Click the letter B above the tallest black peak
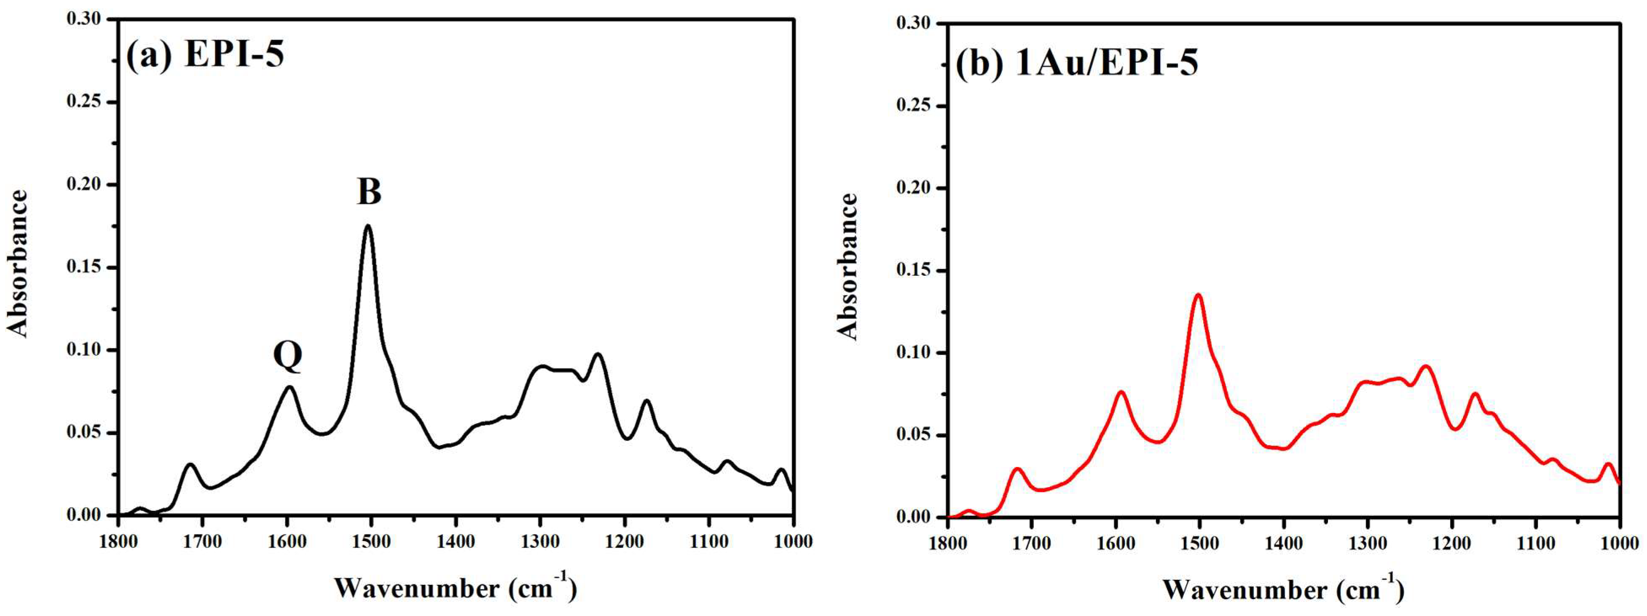pyautogui.click(x=369, y=191)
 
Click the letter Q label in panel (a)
pyautogui.click(x=288, y=356)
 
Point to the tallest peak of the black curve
pyautogui.click(x=367, y=226)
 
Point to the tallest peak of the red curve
pyautogui.click(x=1198, y=295)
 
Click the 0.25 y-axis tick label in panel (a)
pyautogui.click(x=84, y=102)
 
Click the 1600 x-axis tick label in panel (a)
pyautogui.click(x=287, y=542)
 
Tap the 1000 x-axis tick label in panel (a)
pyautogui.click(x=794, y=542)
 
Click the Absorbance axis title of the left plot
pyautogui.click(x=18, y=263)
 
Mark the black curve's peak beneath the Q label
pyautogui.click(x=290, y=387)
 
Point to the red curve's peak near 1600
pyautogui.click(x=1121, y=392)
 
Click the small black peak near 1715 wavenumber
pyautogui.click(x=190, y=464)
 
